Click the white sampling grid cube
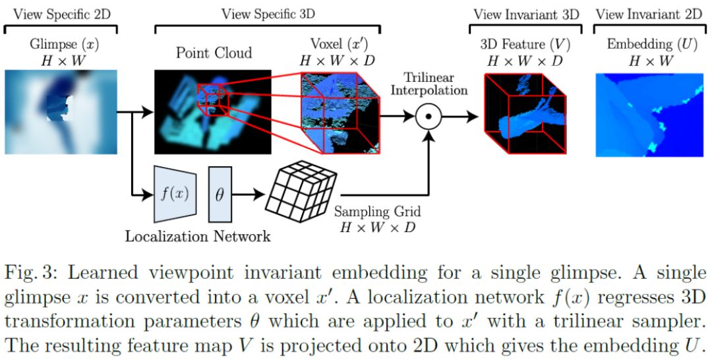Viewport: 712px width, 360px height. click(x=301, y=193)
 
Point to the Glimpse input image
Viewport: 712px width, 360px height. click(x=61, y=111)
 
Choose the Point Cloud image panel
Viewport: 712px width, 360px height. click(x=212, y=111)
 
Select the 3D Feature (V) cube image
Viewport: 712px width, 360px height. click(x=525, y=114)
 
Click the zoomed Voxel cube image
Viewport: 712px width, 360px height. click(x=340, y=113)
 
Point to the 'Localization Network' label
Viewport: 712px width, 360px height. click(x=198, y=236)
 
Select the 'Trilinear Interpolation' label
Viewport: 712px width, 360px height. click(x=429, y=82)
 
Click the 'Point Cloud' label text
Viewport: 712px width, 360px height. click(x=214, y=53)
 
